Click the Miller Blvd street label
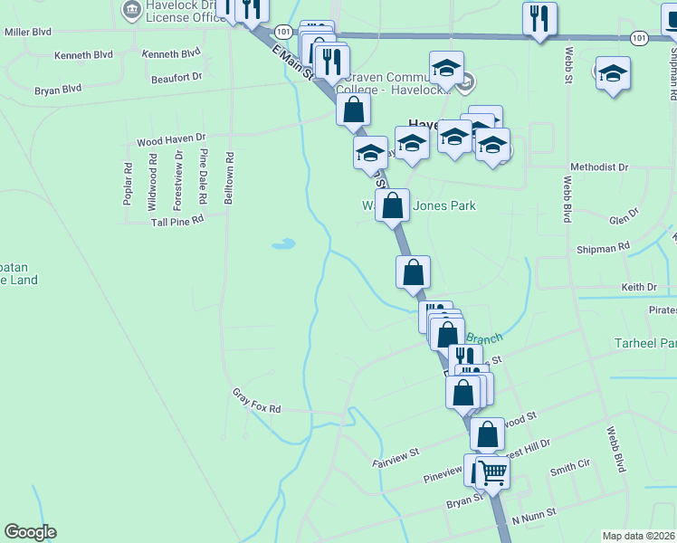28,31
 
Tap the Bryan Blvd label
58,89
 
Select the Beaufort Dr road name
176,78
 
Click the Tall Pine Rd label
176,219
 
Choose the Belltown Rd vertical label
229,177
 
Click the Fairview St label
396,455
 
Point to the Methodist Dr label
599,167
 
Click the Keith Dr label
639,287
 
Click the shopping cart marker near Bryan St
492,472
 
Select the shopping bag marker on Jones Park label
393,205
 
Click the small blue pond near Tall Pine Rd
283,243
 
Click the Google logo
30,532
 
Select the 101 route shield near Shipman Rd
640,37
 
